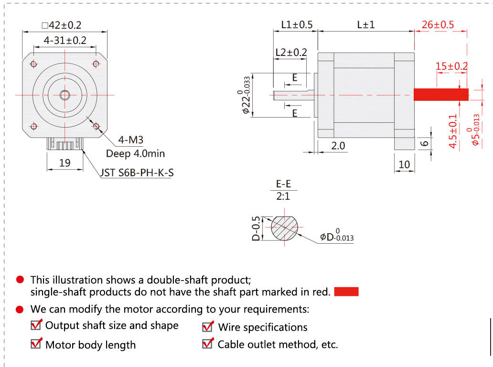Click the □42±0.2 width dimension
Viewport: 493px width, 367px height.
(x=64, y=25)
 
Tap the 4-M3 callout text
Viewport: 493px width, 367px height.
(x=131, y=140)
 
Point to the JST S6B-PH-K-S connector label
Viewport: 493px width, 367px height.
(x=137, y=172)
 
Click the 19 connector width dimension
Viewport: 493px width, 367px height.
(x=64, y=163)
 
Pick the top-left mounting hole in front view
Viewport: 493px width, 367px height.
(x=33, y=64)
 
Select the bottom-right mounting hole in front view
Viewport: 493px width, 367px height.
(x=96, y=126)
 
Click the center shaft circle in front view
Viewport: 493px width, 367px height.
(x=65, y=95)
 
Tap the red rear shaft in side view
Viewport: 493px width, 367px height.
(x=440, y=95)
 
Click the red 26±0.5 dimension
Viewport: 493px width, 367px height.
(x=438, y=25)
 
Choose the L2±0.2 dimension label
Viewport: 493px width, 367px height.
(x=291, y=52)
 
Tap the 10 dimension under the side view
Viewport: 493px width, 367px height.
(x=404, y=164)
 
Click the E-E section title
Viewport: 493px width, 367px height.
(x=283, y=184)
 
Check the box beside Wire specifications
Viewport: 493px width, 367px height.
(x=208, y=327)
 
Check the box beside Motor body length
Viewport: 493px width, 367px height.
(x=36, y=344)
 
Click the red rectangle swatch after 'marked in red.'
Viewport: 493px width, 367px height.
(x=346, y=291)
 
